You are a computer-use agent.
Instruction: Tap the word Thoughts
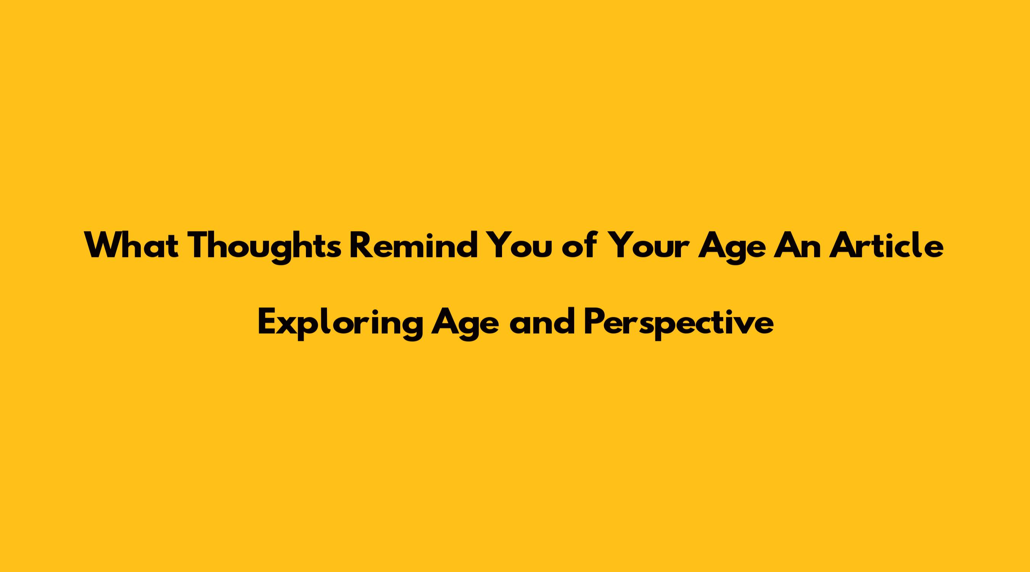point(265,247)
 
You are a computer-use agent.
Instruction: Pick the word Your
point(648,245)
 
